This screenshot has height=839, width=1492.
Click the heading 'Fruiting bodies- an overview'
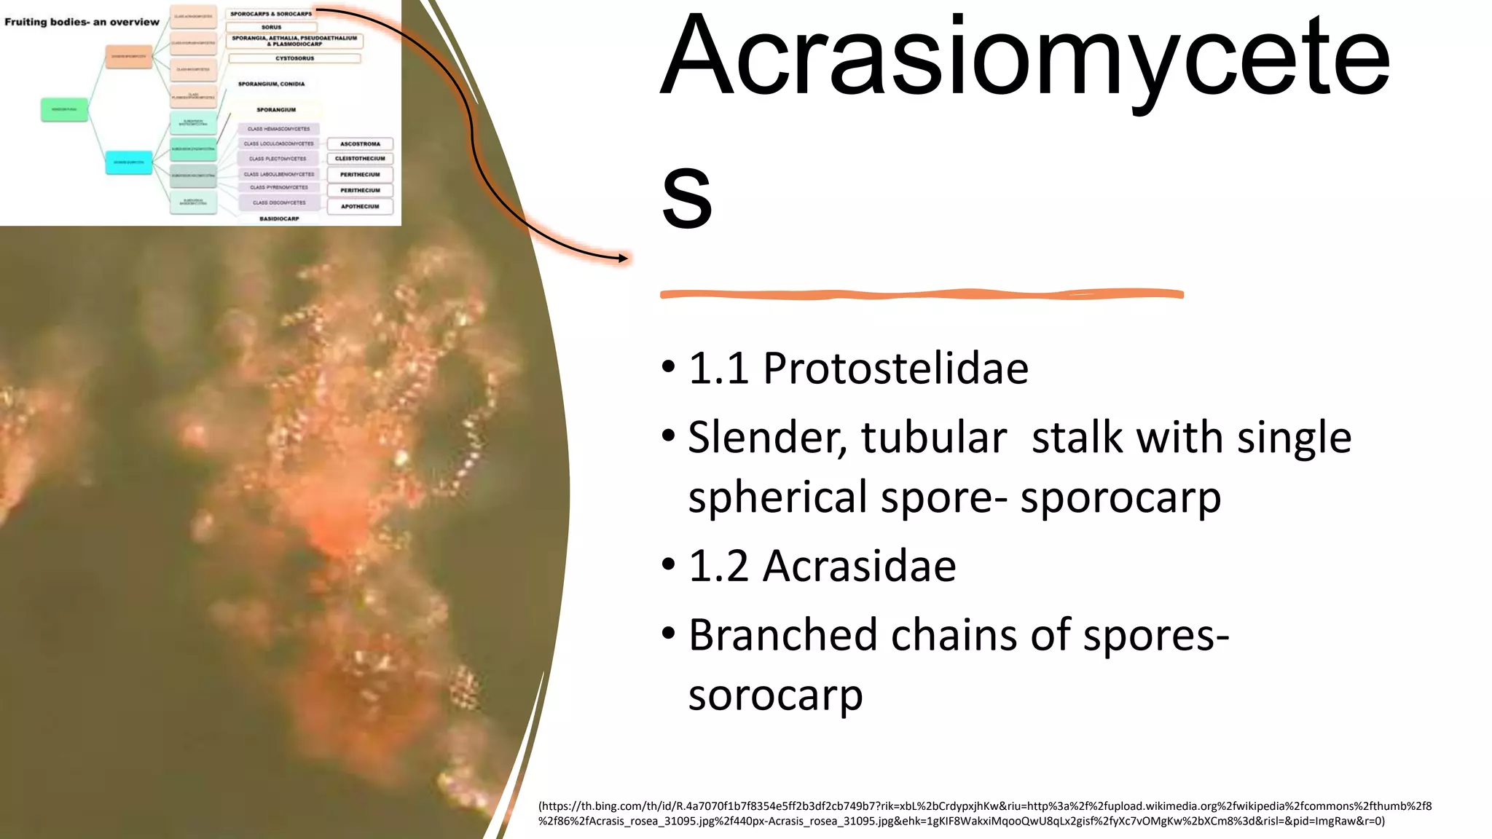[x=82, y=22]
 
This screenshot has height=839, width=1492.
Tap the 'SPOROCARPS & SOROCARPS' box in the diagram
[x=271, y=14]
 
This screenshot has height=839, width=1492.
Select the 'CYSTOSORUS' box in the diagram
[x=294, y=58]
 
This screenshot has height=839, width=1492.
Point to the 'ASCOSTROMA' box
[x=360, y=144]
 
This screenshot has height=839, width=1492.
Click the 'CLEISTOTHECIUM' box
[x=360, y=159]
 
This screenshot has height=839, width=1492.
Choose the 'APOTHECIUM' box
[x=360, y=206]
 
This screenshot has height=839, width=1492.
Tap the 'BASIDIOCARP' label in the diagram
[x=279, y=218]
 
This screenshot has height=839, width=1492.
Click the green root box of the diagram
[x=64, y=109]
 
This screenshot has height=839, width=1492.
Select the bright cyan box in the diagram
[x=128, y=162]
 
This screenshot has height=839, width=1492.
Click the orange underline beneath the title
[x=921, y=294]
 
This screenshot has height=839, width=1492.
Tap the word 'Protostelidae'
[x=895, y=369]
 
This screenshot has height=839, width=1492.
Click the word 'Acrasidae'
[x=859, y=566]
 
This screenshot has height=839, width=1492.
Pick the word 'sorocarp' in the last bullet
[x=775, y=695]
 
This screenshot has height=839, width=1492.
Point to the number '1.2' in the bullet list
[x=718, y=566]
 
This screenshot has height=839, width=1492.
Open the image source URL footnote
[x=984, y=814]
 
